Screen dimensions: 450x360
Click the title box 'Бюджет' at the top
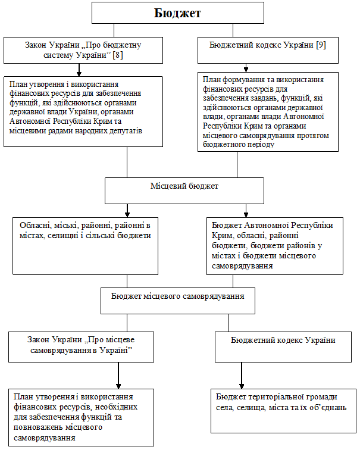tap(177, 12)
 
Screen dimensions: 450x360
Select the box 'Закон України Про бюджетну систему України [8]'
tap(83, 50)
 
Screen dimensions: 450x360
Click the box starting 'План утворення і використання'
tap(83, 111)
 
